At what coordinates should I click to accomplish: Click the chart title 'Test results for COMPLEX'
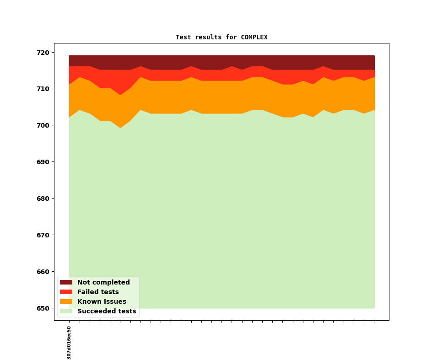pos(221,37)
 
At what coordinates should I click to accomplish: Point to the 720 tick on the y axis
pos(44,52)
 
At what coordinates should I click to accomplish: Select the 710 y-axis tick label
pos(44,89)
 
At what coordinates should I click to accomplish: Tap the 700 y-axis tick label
pos(44,125)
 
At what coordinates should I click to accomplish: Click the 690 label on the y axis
pos(44,162)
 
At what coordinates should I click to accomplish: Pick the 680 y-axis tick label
pos(44,199)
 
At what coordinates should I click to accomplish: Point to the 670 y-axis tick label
pos(44,235)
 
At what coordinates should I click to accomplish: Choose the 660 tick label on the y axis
pos(44,272)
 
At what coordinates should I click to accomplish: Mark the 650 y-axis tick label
pos(44,308)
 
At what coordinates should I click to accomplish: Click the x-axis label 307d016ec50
pos(69,343)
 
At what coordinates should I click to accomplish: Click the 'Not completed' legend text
pos(103,283)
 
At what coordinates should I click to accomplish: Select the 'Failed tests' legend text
pos(98,292)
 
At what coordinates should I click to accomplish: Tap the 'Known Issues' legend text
pos(102,302)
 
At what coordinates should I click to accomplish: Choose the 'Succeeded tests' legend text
pos(107,312)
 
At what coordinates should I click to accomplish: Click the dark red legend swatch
pos(66,283)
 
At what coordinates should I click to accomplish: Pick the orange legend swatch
pos(66,302)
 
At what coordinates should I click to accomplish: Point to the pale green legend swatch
pos(66,312)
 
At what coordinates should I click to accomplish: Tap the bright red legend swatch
pos(66,292)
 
